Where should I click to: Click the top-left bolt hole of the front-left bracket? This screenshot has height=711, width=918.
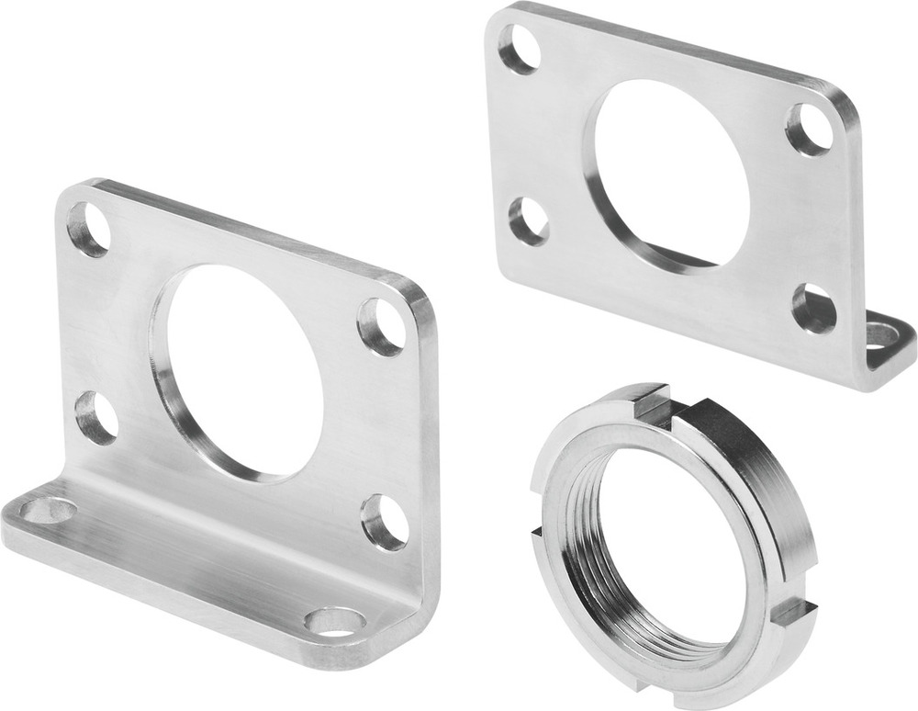[89, 229]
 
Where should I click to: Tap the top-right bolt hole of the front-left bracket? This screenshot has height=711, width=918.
[382, 326]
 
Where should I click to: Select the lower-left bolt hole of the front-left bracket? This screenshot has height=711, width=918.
[96, 417]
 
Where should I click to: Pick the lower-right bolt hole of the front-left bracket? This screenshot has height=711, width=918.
[384, 522]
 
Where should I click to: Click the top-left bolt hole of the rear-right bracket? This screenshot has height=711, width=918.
[519, 48]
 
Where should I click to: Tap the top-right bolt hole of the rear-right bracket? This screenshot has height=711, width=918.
[810, 130]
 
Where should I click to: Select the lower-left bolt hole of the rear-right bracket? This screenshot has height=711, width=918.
[529, 221]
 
